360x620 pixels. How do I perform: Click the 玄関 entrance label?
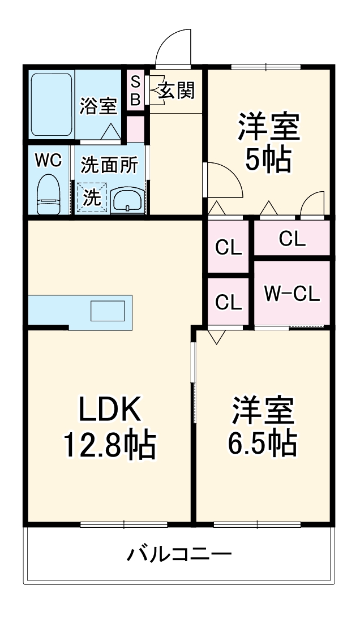[176, 90]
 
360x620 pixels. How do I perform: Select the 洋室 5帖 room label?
[268, 143]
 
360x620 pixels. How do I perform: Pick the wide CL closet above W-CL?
[292, 239]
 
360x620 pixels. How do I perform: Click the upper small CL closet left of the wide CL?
[229, 247]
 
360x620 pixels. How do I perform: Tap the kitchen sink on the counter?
[108, 311]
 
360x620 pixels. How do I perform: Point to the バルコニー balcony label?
[178, 553]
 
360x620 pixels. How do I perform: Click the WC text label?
[48, 160]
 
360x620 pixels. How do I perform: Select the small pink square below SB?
[136, 129]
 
